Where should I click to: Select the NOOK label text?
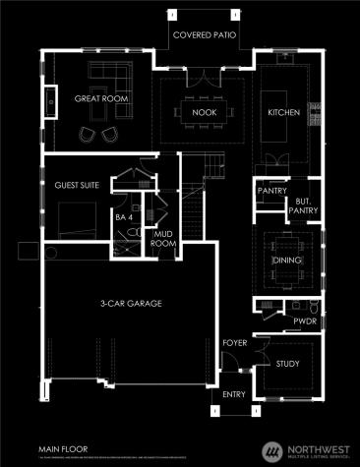click(204, 113)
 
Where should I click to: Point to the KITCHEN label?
click(283, 113)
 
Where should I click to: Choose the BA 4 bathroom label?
click(122, 218)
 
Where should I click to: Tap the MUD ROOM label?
click(162, 237)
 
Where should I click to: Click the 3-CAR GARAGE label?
click(133, 304)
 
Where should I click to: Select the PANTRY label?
click(270, 190)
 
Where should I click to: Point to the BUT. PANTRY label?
click(302, 206)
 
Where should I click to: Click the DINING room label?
click(286, 261)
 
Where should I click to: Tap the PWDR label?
click(302, 320)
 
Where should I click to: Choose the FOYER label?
click(234, 343)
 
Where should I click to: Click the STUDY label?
click(287, 365)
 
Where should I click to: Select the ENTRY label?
click(234, 393)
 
